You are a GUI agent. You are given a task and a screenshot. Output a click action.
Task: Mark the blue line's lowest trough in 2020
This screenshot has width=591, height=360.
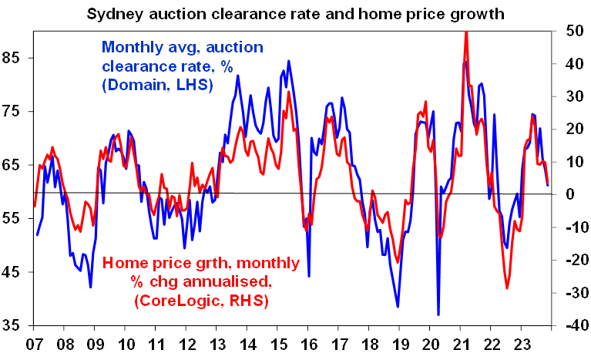pos(438,315)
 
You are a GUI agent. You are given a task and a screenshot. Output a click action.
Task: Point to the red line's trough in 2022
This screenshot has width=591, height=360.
pos(508,288)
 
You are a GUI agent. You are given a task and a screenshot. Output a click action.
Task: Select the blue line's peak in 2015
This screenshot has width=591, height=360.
pos(289,61)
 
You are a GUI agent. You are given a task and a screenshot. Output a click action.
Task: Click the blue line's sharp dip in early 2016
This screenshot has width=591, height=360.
pos(309,276)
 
